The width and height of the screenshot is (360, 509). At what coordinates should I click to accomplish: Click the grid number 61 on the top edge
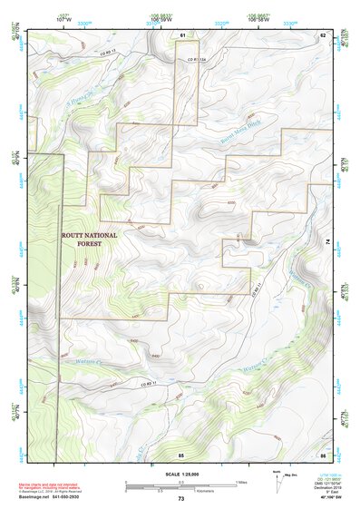point(181,34)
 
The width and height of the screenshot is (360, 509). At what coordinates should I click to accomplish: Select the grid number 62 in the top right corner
point(322,34)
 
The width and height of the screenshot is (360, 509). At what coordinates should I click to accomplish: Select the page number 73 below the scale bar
point(181,498)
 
